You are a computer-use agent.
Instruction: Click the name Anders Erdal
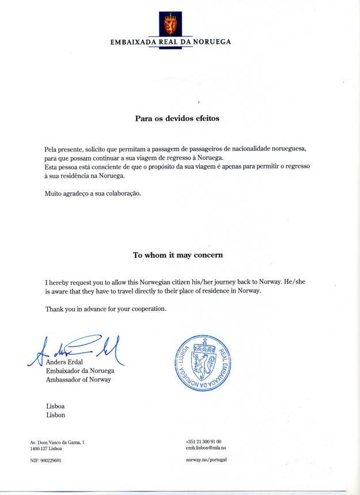pos(65,362)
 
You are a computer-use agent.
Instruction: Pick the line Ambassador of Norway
pos(78,379)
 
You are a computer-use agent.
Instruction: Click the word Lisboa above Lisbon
pos(55,405)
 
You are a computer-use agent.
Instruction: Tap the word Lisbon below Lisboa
pos(55,414)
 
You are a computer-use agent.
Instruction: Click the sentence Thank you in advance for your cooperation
pos(105,309)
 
